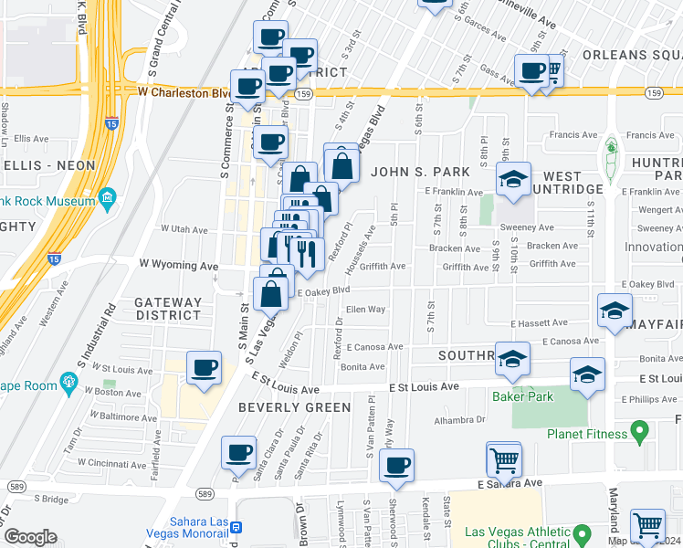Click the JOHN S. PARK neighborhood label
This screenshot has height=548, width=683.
[420, 172]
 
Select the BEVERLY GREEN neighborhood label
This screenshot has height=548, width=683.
[295, 407]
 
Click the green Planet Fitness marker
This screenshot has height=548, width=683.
[641, 429]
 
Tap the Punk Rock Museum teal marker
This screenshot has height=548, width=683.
[108, 197]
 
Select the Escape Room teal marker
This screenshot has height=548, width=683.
[67, 382]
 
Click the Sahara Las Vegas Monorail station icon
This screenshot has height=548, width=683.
[236, 527]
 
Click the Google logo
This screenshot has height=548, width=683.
[30, 537]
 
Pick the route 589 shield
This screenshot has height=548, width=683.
[205, 494]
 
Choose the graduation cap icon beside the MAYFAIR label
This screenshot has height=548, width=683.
[615, 311]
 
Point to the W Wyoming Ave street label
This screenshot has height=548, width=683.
[178, 265]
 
